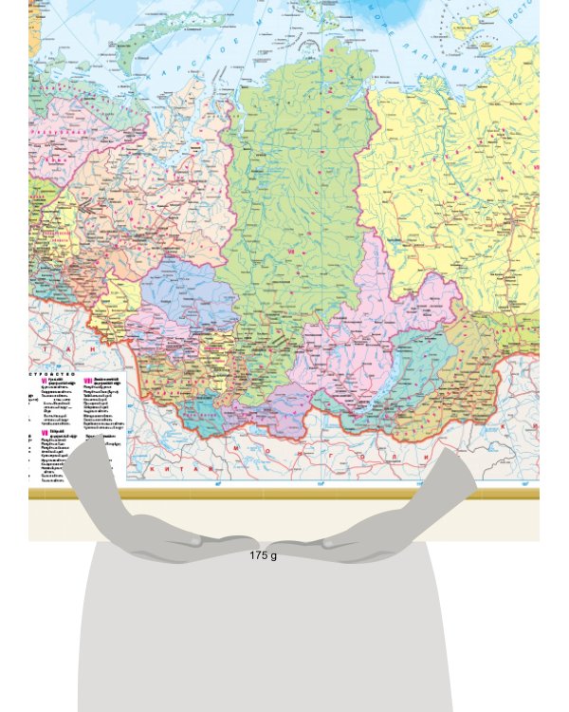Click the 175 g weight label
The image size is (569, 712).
(264, 555)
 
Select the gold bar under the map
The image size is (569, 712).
(284, 495)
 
